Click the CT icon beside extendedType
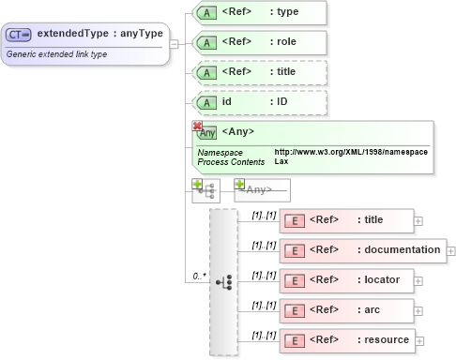click(19, 35)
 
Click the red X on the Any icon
click(197, 126)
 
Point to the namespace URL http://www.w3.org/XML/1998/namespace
click(351, 152)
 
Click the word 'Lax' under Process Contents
click(281, 161)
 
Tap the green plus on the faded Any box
click(239, 185)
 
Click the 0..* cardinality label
click(199, 277)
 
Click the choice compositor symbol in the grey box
click(223, 280)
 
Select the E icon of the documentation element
click(295, 250)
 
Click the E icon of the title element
click(295, 220)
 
